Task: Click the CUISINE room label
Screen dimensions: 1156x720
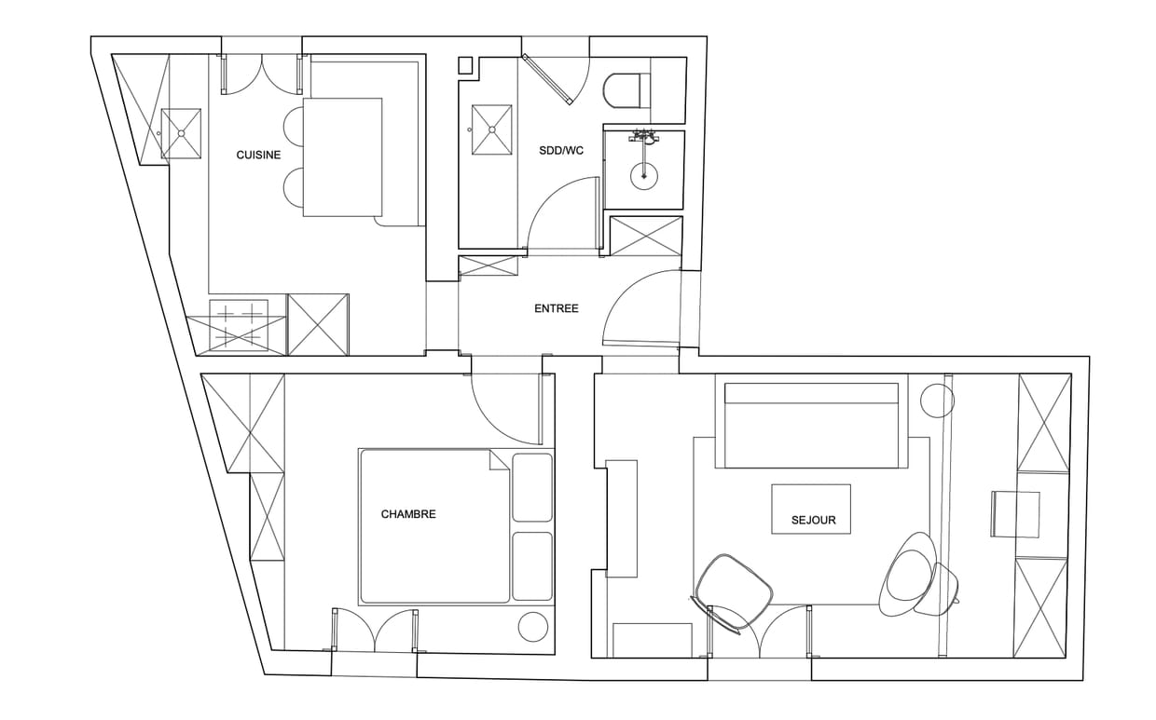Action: (x=258, y=155)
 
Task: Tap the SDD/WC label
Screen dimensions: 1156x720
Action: (x=561, y=151)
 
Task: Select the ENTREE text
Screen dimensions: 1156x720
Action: (x=557, y=308)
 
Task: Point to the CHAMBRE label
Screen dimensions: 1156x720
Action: (x=408, y=514)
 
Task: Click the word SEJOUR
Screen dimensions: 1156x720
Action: (x=813, y=521)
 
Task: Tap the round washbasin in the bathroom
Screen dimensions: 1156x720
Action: (x=644, y=176)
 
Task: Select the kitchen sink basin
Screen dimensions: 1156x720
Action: (x=181, y=133)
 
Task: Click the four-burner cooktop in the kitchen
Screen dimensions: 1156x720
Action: (x=239, y=323)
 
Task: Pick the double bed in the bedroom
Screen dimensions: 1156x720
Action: (x=434, y=526)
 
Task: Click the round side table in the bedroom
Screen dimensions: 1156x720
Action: (x=533, y=627)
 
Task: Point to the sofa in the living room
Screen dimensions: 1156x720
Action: (x=811, y=425)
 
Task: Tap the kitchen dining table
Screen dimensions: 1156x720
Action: (x=343, y=156)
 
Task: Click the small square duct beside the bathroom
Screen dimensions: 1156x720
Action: (x=465, y=65)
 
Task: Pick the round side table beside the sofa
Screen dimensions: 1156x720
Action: (x=937, y=401)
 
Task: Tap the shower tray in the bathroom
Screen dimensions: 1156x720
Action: (x=492, y=129)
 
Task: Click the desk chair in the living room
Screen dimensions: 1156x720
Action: (x=1014, y=514)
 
